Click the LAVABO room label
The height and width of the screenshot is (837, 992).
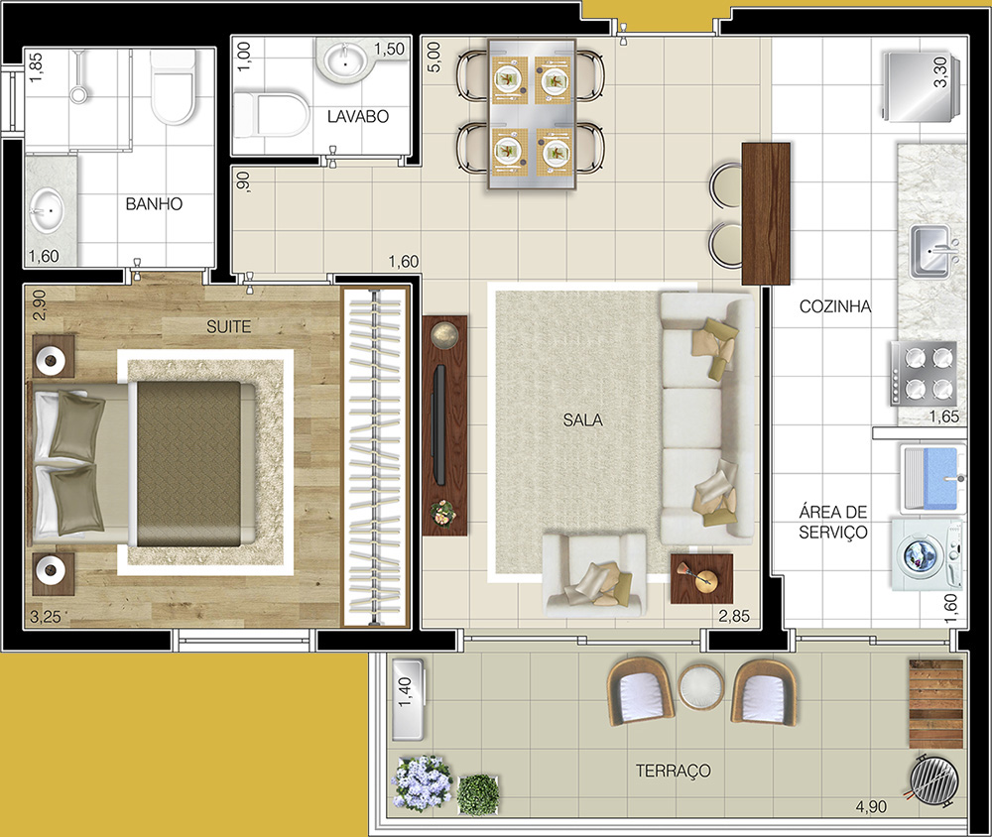(357, 116)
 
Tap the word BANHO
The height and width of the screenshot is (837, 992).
(154, 203)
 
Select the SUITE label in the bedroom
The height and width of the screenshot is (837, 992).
(228, 326)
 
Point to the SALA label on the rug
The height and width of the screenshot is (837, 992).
(582, 419)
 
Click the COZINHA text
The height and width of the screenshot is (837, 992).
(835, 306)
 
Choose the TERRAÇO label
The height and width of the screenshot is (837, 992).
(674, 771)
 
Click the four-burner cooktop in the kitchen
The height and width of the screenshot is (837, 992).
(924, 373)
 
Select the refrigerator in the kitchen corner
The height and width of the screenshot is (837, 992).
(922, 86)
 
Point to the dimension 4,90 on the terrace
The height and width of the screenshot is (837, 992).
(871, 806)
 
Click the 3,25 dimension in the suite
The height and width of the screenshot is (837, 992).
(46, 617)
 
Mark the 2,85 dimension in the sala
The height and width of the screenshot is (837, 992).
(734, 616)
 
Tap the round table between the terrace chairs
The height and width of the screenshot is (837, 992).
(701, 687)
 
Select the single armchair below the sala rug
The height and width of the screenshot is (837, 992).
(594, 575)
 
